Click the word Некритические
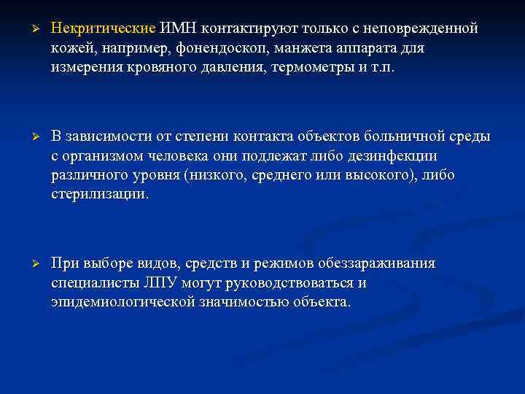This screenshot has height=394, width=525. click(x=103, y=28)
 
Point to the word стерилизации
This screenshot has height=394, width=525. click(x=98, y=194)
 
